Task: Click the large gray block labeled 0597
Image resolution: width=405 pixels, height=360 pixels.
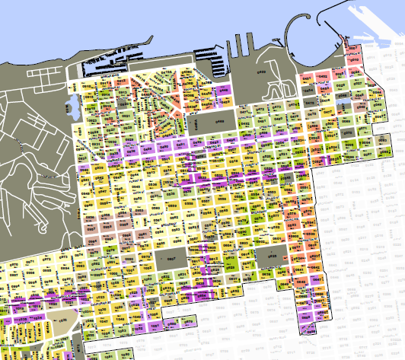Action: pyautogui.click(x=171, y=259)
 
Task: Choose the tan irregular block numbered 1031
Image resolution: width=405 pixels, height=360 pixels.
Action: pyautogui.click(x=65, y=323)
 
